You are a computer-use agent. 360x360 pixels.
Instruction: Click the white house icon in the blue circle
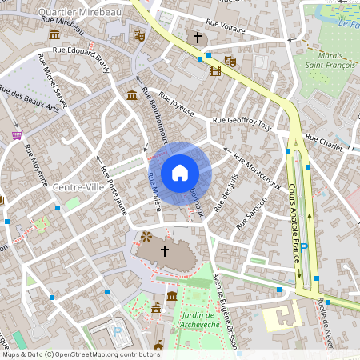tap(179, 172)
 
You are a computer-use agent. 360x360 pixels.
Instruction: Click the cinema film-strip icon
tap(214, 70)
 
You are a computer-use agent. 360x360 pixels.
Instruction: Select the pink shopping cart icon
tap(17, 135)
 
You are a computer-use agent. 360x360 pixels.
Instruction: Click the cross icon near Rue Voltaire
tap(198, 38)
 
